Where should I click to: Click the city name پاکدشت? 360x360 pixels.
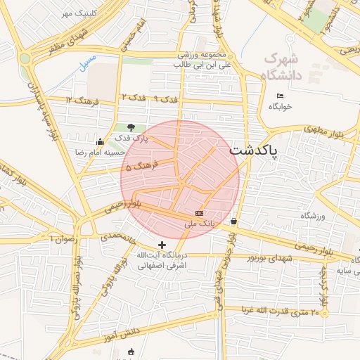254,150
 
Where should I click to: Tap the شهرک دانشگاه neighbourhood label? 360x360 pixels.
280,67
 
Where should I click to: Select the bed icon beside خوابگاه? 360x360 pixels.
281,96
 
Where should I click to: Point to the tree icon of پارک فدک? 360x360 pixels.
131,127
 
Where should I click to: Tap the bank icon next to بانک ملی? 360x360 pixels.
200,213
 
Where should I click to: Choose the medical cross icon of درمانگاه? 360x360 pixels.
162,245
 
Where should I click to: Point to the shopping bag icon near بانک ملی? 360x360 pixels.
233,221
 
